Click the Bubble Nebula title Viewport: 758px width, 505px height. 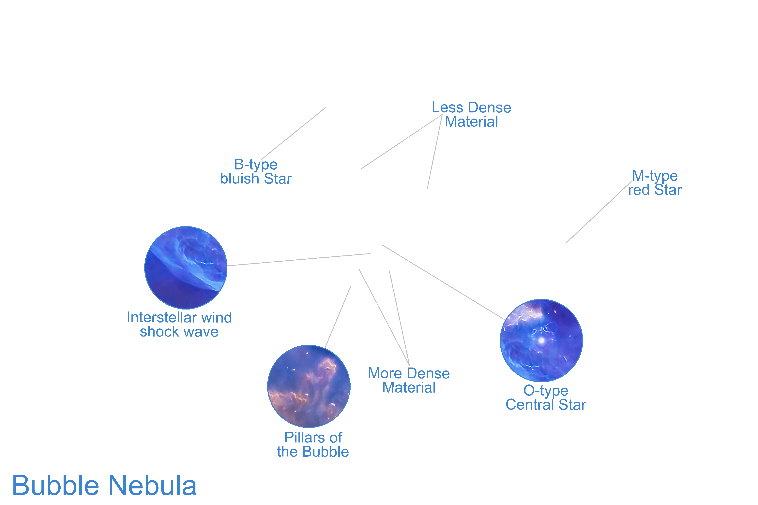tap(104, 486)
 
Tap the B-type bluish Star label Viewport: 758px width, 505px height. tap(256, 172)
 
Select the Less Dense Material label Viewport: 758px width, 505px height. tap(471, 115)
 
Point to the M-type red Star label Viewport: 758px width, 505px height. tap(655, 183)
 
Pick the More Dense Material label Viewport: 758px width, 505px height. tap(409, 380)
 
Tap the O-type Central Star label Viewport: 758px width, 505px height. tap(546, 398)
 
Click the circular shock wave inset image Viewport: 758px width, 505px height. tap(186, 268)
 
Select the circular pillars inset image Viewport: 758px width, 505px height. tap(309, 386)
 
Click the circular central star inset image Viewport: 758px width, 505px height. tap(541, 340)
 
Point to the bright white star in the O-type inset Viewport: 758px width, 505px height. tap(542, 340)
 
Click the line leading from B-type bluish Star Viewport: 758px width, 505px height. tap(293, 133)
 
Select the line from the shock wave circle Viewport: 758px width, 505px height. tap(299, 260)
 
